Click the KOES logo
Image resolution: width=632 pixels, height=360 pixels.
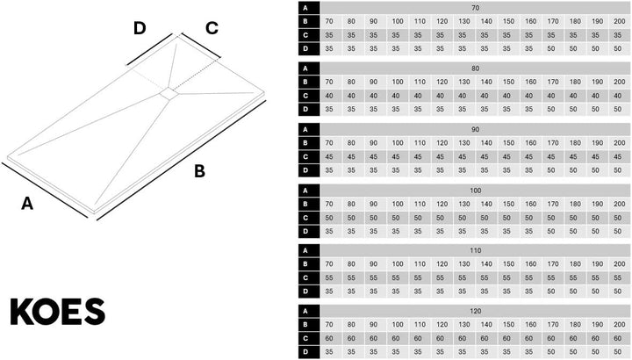[58, 312]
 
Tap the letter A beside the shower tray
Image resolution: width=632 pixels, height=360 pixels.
[27, 203]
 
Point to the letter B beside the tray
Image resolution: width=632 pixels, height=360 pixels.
[199, 171]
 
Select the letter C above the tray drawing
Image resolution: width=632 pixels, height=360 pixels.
[212, 28]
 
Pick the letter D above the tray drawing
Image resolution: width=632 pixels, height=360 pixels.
[140, 28]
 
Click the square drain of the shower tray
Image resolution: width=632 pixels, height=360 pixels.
[168, 94]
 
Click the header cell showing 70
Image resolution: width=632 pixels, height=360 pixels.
[475, 8]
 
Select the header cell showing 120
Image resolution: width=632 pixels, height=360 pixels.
[475, 311]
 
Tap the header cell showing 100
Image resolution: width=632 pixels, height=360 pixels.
[475, 191]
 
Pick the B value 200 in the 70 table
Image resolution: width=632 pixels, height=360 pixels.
[619, 21]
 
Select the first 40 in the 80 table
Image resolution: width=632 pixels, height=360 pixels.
[329, 96]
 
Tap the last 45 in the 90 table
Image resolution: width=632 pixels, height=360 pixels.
[617, 156]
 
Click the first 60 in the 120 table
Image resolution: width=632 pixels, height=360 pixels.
[329, 338]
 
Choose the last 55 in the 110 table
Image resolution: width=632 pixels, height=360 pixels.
[617, 277]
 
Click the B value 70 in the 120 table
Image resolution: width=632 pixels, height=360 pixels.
[329, 325]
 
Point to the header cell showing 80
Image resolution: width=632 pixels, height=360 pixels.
[475, 68]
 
